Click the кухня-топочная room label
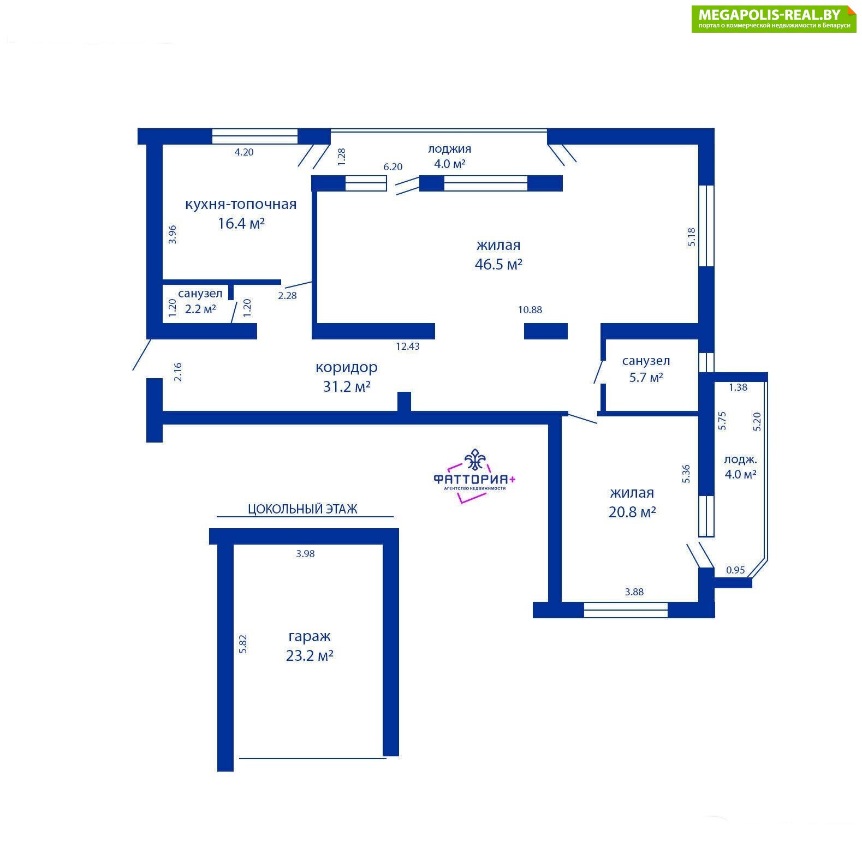point(241,204)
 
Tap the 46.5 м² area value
point(498,265)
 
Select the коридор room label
point(347,368)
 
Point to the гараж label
point(310,637)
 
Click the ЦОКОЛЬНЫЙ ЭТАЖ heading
point(302,509)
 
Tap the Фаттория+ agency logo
point(474,475)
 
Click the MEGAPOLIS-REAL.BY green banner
point(774,19)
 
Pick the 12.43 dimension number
point(408,346)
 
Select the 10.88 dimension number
point(530,310)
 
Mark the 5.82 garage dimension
point(243,643)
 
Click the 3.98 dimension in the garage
point(306,554)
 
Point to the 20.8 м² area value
point(632,512)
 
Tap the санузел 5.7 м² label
point(646,369)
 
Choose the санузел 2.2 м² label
point(200,301)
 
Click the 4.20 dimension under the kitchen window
point(244,152)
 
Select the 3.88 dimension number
point(634,592)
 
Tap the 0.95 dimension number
point(735,570)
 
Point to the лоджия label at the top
point(449,148)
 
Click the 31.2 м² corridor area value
point(347,387)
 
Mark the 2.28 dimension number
point(287,296)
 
